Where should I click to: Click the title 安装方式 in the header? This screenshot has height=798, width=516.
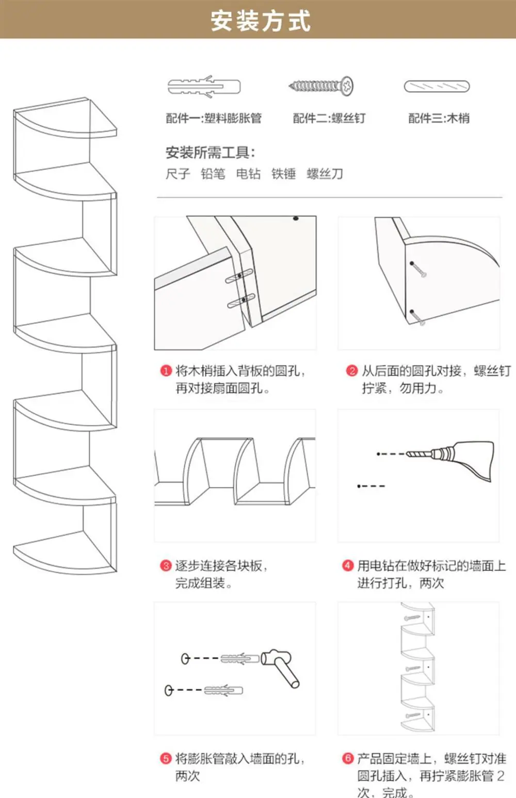(x=261, y=21)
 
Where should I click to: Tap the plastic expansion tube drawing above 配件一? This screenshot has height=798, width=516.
(x=204, y=86)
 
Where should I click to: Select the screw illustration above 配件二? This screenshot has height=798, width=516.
(x=321, y=86)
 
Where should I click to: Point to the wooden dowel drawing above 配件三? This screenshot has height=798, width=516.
(x=437, y=87)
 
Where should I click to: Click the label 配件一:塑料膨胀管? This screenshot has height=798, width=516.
(x=214, y=118)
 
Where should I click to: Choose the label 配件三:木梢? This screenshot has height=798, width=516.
(x=439, y=118)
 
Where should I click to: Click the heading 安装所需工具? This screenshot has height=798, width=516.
(x=211, y=153)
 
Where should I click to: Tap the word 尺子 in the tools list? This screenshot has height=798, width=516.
(x=178, y=174)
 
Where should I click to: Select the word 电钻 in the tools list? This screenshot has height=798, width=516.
(x=249, y=174)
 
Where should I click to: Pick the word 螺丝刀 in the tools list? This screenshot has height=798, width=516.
(x=325, y=174)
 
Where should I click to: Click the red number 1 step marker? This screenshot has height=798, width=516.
(x=166, y=371)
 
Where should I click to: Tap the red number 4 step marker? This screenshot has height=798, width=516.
(x=348, y=566)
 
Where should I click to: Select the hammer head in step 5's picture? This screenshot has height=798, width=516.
(x=276, y=657)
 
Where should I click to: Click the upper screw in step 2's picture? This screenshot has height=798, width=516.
(x=418, y=270)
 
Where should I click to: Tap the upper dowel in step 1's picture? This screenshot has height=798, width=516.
(x=240, y=276)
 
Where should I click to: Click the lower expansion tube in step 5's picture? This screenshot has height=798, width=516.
(x=223, y=690)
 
